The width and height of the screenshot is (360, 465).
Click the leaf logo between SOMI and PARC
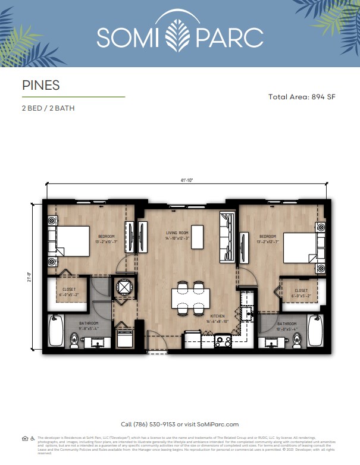click(x=180, y=36)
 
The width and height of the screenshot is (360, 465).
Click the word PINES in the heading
click(x=40, y=85)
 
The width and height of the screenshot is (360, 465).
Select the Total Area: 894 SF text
click(x=302, y=96)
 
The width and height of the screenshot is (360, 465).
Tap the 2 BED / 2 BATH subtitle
click(x=48, y=108)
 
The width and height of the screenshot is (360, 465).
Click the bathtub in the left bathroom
click(x=55, y=331)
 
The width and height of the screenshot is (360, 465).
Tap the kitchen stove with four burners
click(x=224, y=341)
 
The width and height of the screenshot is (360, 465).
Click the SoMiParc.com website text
click(x=217, y=425)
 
